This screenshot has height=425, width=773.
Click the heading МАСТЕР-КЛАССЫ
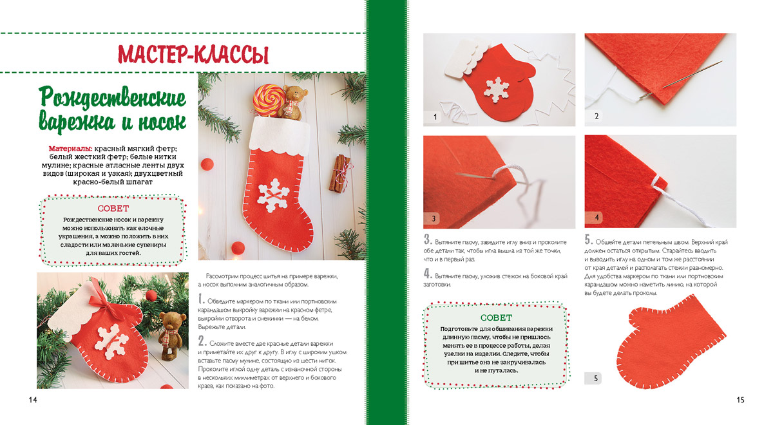[x=193, y=54]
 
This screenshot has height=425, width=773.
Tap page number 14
[x=33, y=400]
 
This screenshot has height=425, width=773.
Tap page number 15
[x=740, y=400]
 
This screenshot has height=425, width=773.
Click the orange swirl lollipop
[x=269, y=99]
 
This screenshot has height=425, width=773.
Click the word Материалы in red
[x=70, y=149]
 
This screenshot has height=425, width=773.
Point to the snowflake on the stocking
[x=274, y=195]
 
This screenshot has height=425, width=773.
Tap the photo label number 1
[x=435, y=117]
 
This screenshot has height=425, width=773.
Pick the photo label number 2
[x=596, y=116]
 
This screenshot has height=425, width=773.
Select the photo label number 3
[x=434, y=218]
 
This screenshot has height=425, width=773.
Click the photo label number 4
[x=596, y=218]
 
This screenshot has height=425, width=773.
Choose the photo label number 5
[x=596, y=379]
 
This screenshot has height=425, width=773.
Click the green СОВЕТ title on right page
[x=496, y=317]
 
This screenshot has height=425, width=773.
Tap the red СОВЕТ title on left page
[x=113, y=209]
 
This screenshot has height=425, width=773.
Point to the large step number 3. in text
[x=428, y=240]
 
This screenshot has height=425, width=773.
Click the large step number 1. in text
[x=202, y=299]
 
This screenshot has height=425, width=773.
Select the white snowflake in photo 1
[x=497, y=90]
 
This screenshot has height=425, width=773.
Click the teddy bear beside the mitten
[x=170, y=335]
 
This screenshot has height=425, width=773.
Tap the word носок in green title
[x=162, y=122]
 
